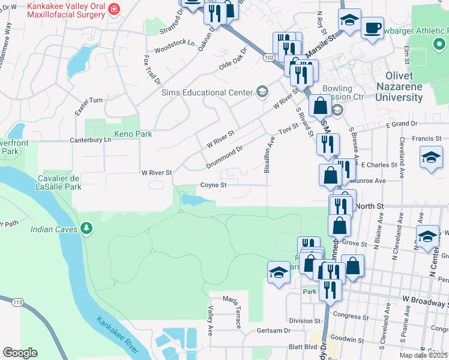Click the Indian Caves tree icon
coord(87,228)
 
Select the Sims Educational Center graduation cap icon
coord(262,92)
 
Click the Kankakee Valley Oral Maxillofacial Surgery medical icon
coord(114,10)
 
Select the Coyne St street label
coord(213,185)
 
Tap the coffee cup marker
coord(372,28)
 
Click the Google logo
coord(20,353)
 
